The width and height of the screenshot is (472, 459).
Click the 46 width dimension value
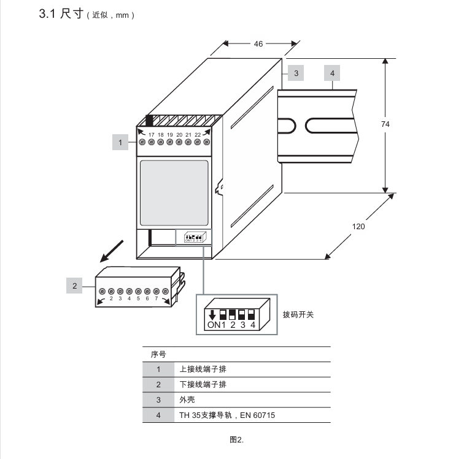(x=258, y=44)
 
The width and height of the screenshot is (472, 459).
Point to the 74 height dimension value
(x=385, y=124)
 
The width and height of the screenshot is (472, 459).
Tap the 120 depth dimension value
(x=358, y=226)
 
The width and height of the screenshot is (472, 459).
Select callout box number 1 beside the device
(x=120, y=142)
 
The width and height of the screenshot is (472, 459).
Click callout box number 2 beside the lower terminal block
(x=75, y=285)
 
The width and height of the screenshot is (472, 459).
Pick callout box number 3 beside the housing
(x=296, y=73)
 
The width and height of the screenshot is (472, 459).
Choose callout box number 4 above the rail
(x=332, y=73)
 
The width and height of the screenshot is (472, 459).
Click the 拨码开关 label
(x=298, y=315)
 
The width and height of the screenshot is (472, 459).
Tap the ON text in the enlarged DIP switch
(x=214, y=325)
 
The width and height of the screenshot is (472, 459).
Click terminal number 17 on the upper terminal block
(x=151, y=134)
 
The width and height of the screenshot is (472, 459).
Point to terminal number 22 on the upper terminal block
(x=198, y=134)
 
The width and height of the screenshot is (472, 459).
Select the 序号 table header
(x=158, y=354)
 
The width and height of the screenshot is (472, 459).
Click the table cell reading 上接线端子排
(x=203, y=370)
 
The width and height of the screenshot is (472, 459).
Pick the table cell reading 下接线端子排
(x=203, y=385)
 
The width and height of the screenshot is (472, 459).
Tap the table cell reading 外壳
(x=187, y=400)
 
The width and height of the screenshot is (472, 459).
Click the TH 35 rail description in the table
(x=227, y=415)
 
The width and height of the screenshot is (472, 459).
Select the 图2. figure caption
(x=237, y=439)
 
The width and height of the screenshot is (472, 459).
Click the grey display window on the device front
(x=174, y=192)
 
